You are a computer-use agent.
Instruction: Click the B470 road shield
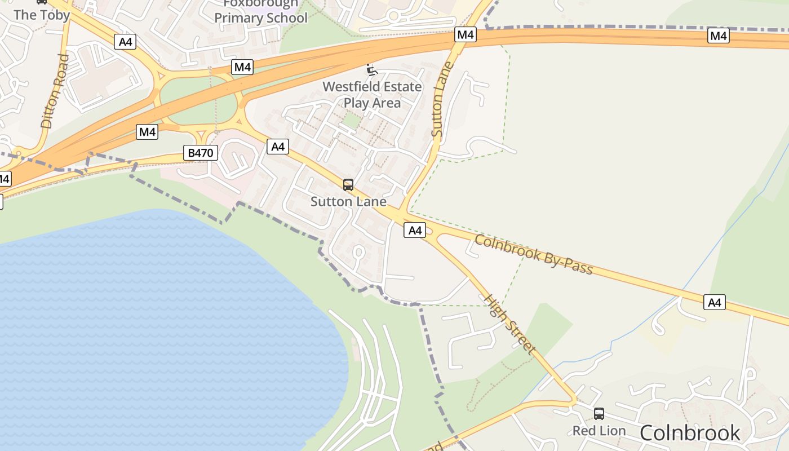point(200,152)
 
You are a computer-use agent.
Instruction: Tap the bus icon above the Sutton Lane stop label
point(348,184)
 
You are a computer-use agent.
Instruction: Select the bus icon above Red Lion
point(599,414)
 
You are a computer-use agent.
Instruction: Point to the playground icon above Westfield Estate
point(371,70)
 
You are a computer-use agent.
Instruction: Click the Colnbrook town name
point(690,432)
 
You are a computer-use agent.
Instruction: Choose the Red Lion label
point(599,431)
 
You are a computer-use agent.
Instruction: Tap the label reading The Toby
point(42,15)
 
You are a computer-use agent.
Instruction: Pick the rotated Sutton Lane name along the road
point(442,99)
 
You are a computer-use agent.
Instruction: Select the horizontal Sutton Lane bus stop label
point(348,201)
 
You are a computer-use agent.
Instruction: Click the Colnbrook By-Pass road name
point(534,254)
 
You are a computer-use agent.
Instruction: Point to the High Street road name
point(510,324)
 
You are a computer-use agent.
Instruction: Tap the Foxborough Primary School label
point(261,11)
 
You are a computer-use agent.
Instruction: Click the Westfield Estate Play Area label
point(372,95)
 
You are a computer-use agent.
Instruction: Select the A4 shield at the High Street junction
point(414,230)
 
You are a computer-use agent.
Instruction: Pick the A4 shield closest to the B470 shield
point(278,147)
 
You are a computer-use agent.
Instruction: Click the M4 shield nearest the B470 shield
point(147,132)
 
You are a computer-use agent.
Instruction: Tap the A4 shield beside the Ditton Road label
point(125,41)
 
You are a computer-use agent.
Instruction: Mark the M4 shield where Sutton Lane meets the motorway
point(466,35)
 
